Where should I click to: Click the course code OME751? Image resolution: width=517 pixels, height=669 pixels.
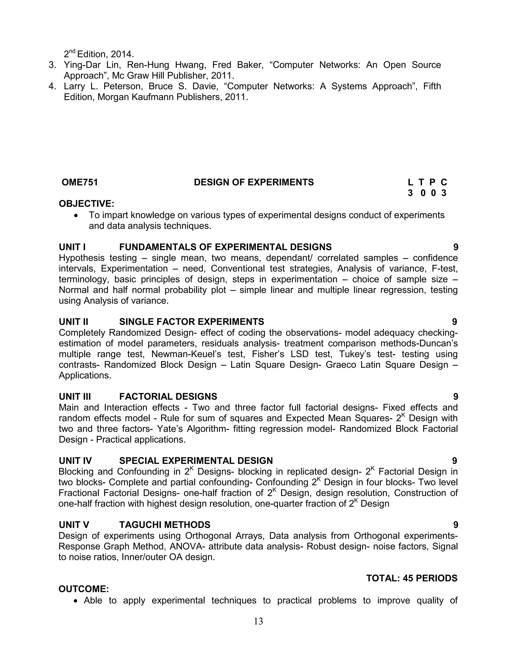pyautogui.click(x=80, y=182)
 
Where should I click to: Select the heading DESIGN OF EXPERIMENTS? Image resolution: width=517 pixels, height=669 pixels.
pyautogui.click(x=254, y=182)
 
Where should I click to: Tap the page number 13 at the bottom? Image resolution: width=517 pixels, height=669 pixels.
pyautogui.click(x=258, y=621)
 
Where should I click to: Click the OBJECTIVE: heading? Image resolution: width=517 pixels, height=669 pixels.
pyautogui.click(x=86, y=204)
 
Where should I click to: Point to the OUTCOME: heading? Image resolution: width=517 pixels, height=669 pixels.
pyautogui.click(x=84, y=589)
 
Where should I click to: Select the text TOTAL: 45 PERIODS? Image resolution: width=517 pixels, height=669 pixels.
pyautogui.click(x=412, y=578)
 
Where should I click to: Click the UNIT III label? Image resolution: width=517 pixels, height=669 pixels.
pyautogui.click(x=75, y=396)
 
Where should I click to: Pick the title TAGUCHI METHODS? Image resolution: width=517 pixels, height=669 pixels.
pyautogui.click(x=165, y=525)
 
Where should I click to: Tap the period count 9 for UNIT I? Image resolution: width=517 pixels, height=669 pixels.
pyautogui.click(x=455, y=247)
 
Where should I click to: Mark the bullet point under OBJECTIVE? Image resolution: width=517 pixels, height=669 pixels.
pyautogui.click(x=76, y=216)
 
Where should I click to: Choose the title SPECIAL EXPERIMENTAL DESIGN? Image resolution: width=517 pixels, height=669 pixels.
pyautogui.click(x=196, y=461)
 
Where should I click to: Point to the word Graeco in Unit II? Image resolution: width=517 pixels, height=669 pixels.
pyautogui.click(x=339, y=365)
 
